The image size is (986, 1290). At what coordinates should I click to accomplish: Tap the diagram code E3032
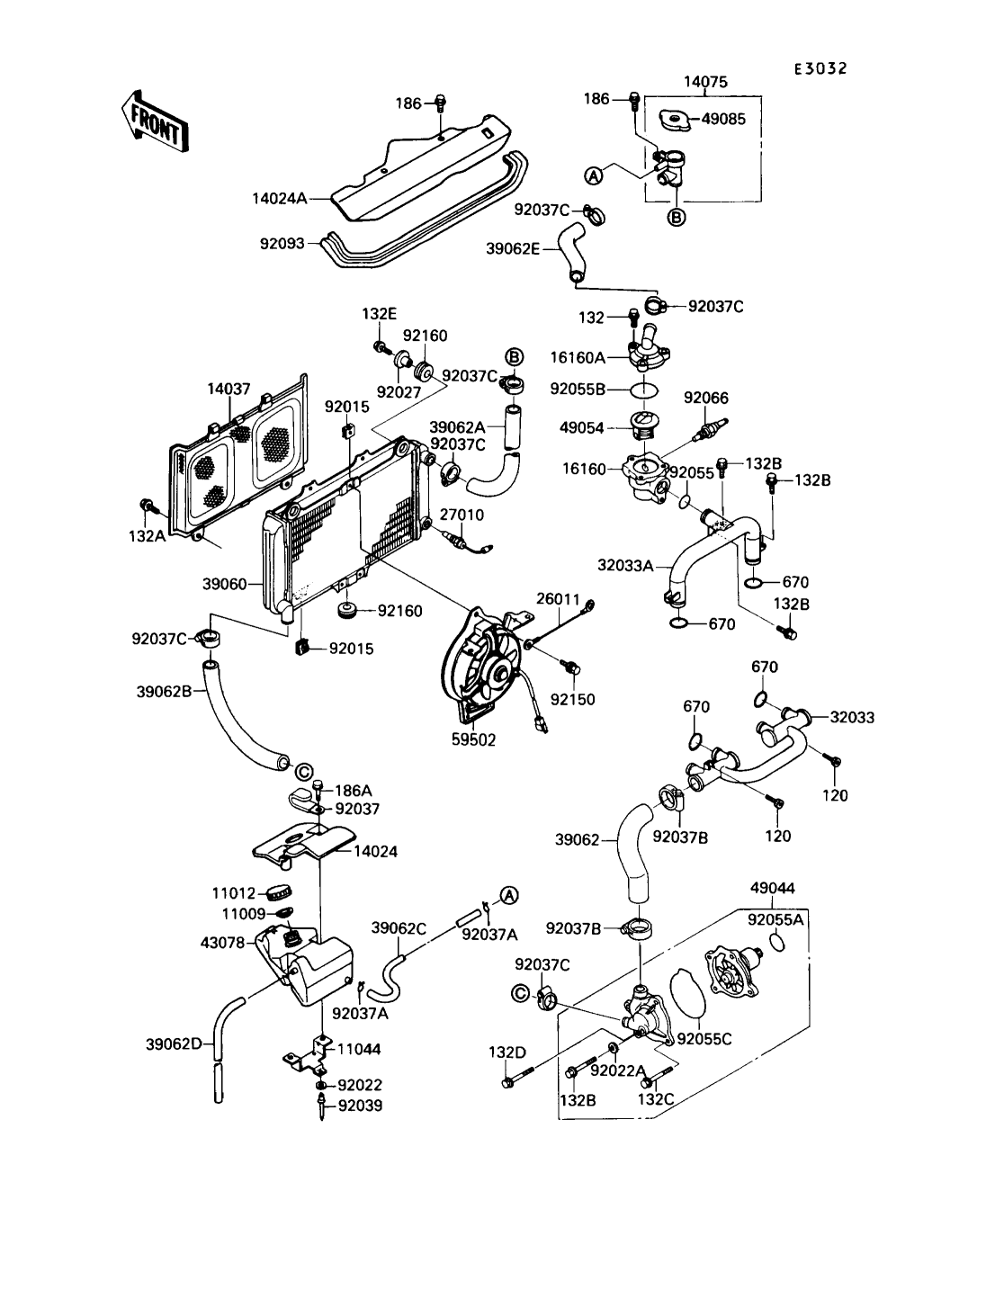point(820,68)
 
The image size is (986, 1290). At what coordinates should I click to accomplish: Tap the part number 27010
point(462,515)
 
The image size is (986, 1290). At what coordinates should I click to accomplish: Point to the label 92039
point(360,1106)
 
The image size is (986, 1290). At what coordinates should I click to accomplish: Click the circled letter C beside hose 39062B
point(303,771)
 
